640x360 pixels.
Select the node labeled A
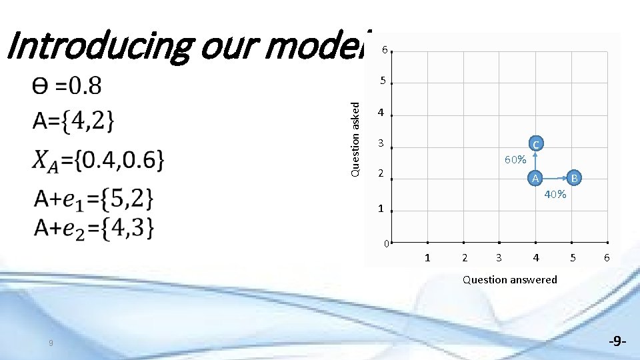click(x=535, y=178)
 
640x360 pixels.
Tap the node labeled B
click(x=575, y=178)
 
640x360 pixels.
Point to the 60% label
click(x=515, y=160)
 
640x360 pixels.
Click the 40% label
click(x=555, y=195)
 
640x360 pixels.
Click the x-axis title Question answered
click(x=510, y=280)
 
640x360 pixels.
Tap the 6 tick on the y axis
click(x=384, y=50)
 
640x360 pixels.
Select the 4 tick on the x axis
click(x=536, y=257)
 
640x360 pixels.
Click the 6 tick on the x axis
click(x=607, y=257)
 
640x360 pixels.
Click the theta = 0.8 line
click(x=67, y=85)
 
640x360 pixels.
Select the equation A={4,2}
click(x=73, y=122)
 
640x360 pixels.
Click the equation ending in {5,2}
click(x=94, y=198)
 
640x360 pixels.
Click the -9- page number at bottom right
click(x=617, y=341)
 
